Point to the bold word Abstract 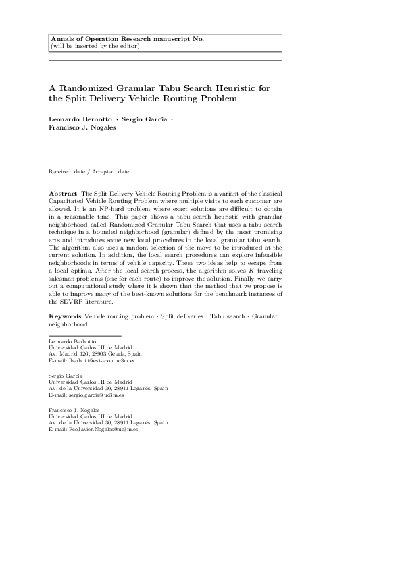(63, 175)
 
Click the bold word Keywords (66, 316)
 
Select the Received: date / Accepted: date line (89, 153)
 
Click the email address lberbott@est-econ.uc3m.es (91, 361)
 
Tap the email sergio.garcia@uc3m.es (90, 395)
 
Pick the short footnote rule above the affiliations (84, 335)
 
